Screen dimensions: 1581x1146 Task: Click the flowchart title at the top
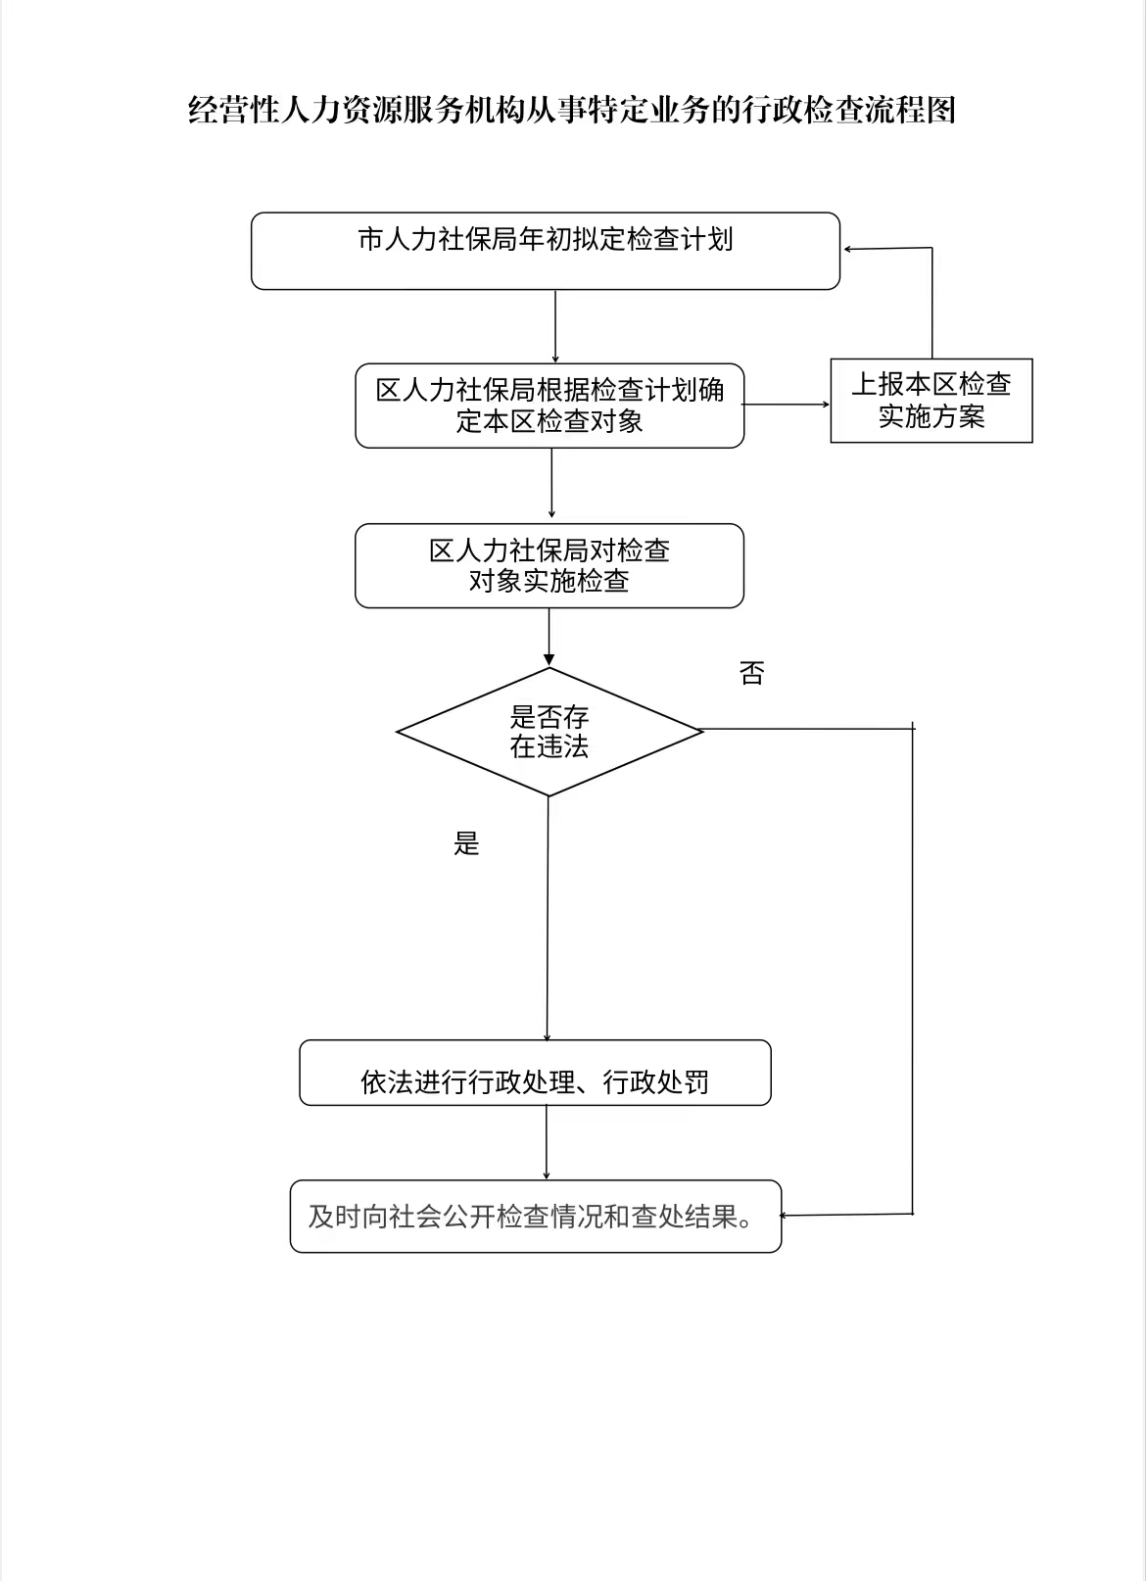[x=571, y=110]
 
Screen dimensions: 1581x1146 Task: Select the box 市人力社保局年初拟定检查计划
[x=546, y=251]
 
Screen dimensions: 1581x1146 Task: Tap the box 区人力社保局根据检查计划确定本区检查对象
[x=549, y=406]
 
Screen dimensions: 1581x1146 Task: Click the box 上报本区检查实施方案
[x=931, y=401]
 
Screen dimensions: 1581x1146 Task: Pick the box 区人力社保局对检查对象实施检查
[x=549, y=565]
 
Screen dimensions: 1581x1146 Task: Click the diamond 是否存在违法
[x=549, y=732]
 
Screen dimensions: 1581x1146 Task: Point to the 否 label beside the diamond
[x=751, y=673]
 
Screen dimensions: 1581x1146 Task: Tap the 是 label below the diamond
[x=466, y=843]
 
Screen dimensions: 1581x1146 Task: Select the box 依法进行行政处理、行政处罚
[x=535, y=1074]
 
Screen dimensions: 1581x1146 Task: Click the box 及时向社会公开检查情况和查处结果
[x=535, y=1217]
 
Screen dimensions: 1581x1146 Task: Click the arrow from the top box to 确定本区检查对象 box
[x=555, y=326]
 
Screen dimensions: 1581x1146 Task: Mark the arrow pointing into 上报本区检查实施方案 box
[x=787, y=404]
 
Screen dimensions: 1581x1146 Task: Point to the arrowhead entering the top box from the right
[x=850, y=250]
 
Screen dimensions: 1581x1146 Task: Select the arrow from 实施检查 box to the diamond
[x=549, y=638]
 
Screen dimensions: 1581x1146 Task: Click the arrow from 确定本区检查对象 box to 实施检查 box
[x=551, y=485]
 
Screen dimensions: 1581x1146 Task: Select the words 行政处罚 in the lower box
[x=655, y=1082]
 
